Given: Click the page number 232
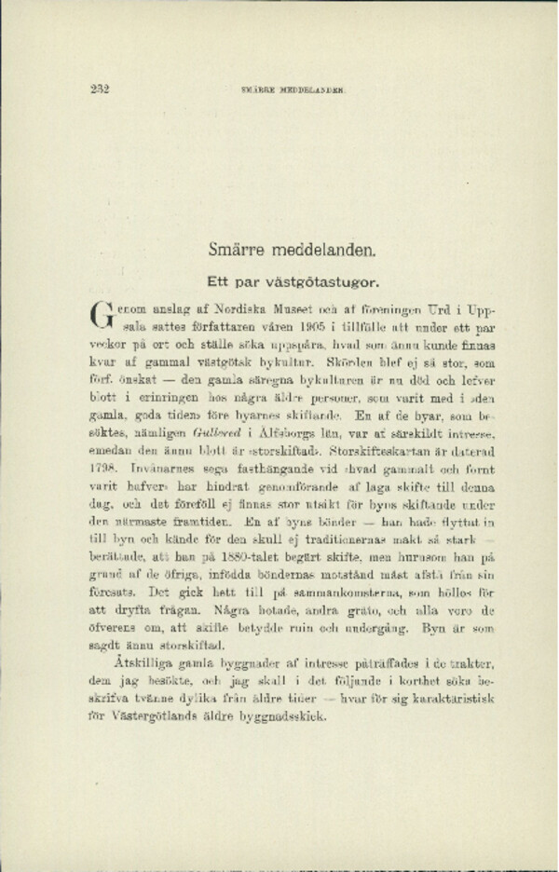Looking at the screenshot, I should pos(101,89).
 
